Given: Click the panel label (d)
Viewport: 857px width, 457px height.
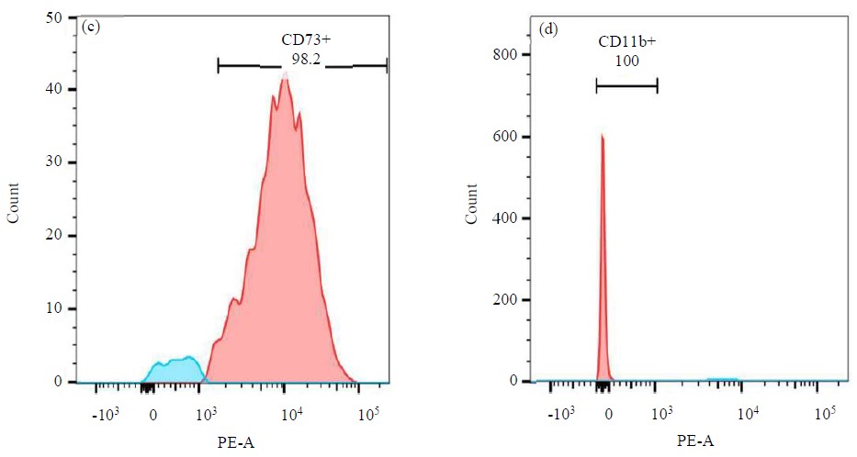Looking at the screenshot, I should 548,28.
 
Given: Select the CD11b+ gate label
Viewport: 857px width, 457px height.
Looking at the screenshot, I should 626,42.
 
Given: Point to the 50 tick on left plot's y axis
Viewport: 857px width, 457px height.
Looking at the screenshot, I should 54,17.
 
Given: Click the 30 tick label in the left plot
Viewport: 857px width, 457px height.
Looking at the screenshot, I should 54,162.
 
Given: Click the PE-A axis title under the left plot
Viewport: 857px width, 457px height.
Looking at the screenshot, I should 237,442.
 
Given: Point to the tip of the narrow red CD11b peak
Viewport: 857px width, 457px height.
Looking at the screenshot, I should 602,136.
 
